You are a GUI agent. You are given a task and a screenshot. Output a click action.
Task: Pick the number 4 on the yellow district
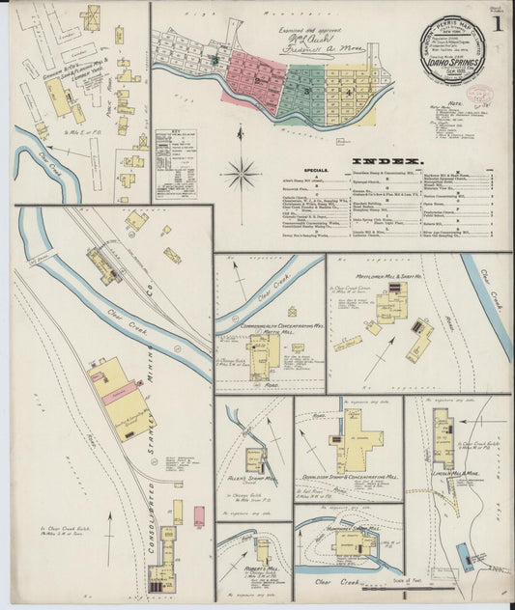(346, 92)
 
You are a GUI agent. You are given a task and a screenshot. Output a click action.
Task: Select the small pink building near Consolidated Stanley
(199, 516)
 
